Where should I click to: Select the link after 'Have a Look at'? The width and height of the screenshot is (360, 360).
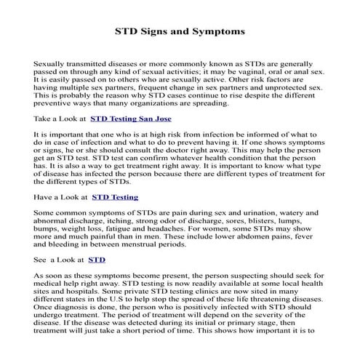tap(115, 196)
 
